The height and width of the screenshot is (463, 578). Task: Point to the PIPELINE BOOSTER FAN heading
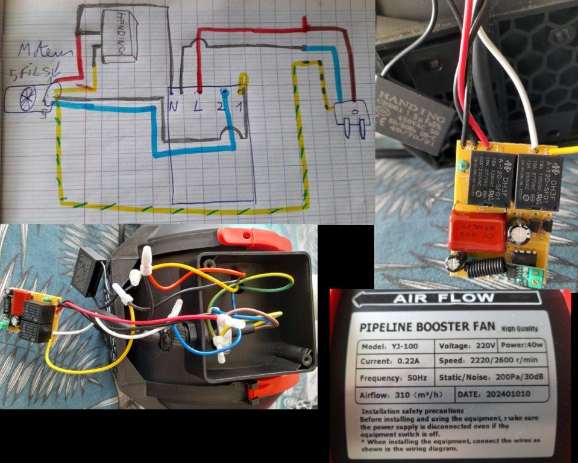425,328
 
